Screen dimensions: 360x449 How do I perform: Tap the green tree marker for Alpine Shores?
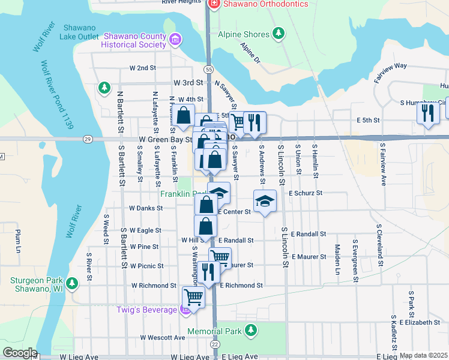pos(278,35)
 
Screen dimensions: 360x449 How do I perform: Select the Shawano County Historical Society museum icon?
pos(175,41)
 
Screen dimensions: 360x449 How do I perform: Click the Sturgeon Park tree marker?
pos(73,283)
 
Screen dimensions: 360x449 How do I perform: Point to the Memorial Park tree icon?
pos(251,331)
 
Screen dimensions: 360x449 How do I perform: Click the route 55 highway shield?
pos(208,70)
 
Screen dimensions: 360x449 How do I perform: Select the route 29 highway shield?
pos(88,139)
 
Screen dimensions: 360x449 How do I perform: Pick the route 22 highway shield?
pos(214,344)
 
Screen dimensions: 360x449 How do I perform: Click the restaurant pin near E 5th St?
pos(428,112)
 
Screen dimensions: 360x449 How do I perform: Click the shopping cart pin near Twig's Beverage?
pos(193,296)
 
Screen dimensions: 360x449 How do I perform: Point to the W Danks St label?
pos(146,209)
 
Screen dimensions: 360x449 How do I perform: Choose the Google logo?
pos(20,353)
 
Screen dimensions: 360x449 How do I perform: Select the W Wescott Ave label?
pos(163,338)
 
